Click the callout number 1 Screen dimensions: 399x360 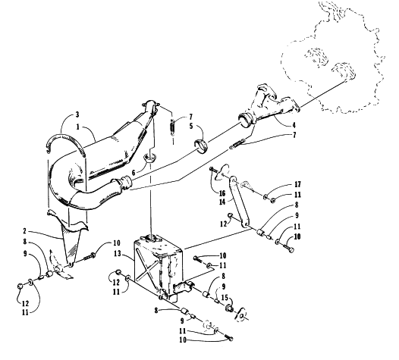click(78, 127)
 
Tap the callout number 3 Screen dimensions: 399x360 click(77, 114)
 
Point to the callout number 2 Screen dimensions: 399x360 click(24, 231)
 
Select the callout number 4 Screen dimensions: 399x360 click(294, 125)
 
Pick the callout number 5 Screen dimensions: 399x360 click(191, 126)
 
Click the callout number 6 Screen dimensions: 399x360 click(134, 173)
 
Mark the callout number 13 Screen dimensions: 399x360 click(118, 254)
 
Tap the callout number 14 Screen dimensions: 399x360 click(222, 202)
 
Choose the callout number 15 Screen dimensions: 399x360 click(225, 297)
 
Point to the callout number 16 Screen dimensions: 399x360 click(222, 193)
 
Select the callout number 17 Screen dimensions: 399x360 click(297, 184)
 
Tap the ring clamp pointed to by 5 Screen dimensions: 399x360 click(202, 145)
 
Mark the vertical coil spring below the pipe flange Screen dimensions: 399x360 click(173, 126)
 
